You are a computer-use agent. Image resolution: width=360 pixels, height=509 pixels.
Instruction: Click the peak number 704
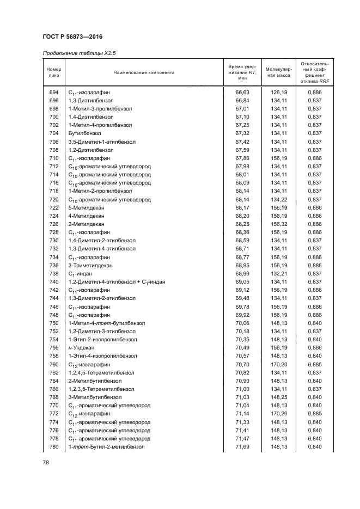click(54, 133)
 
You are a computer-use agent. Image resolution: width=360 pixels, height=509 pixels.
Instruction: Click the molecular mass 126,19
click(278, 93)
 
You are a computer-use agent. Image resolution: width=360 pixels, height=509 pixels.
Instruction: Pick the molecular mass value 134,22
click(278, 199)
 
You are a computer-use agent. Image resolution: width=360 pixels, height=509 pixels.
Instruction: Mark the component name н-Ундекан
click(81, 347)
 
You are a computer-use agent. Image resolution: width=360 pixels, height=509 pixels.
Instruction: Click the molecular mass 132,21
click(278, 273)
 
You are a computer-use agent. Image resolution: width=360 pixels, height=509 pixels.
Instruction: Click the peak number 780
click(54, 446)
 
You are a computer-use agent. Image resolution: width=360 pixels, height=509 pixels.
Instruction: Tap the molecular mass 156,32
click(278, 224)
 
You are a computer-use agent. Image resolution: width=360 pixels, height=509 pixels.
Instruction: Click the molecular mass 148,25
click(278, 397)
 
